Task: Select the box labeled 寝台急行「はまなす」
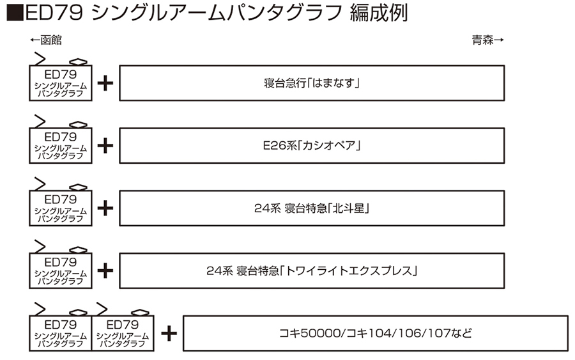pyautogui.click(x=312, y=82)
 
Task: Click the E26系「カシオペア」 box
pyautogui.click(x=312, y=145)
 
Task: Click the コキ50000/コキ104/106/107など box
pyautogui.click(x=375, y=333)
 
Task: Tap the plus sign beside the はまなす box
pyautogui.click(x=106, y=83)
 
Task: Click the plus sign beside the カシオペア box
pyautogui.click(x=106, y=146)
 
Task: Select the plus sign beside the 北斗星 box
pyautogui.click(x=106, y=208)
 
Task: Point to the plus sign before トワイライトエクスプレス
pyautogui.click(x=106, y=270)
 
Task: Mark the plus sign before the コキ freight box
pyautogui.click(x=169, y=333)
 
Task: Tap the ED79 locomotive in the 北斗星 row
pyautogui.click(x=61, y=208)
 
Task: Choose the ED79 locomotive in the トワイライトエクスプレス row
pyautogui.click(x=61, y=270)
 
